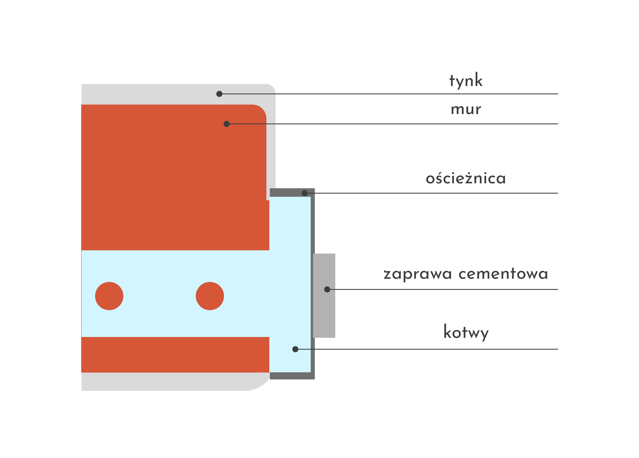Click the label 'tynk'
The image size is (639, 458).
click(x=466, y=81)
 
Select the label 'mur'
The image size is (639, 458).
click(x=466, y=110)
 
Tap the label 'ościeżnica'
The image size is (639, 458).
click(x=466, y=178)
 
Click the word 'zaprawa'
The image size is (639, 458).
click(x=418, y=274)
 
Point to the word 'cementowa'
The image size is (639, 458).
click(x=503, y=274)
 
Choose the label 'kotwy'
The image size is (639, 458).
click(x=466, y=333)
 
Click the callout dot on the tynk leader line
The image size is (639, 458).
click(x=219, y=94)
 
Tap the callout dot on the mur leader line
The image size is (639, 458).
click(x=227, y=124)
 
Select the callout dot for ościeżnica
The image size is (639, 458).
click(x=305, y=193)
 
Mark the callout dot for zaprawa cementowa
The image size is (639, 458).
click(x=327, y=290)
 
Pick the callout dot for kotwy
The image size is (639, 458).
click(x=295, y=349)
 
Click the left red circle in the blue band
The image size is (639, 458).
click(x=109, y=296)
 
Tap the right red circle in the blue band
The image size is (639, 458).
click(x=210, y=296)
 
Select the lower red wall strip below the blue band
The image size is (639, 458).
click(x=175, y=354)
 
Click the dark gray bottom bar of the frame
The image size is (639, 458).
click(x=292, y=376)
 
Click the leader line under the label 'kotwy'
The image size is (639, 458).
click(x=433, y=349)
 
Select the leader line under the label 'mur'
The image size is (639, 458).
click(x=399, y=124)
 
